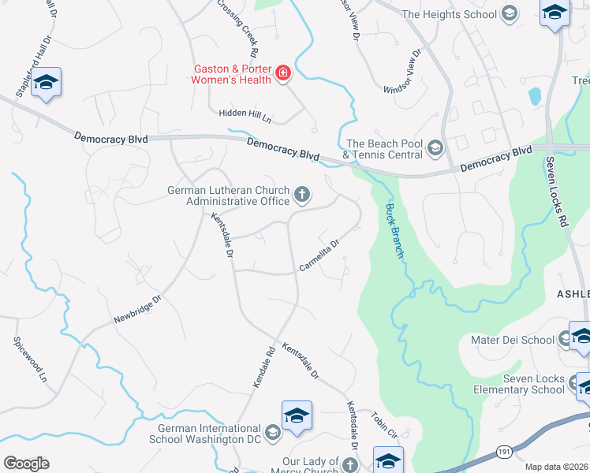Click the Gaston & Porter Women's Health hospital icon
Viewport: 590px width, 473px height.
[282, 74]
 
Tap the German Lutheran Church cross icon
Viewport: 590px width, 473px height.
[301, 194]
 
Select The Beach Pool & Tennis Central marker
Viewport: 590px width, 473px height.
[435, 147]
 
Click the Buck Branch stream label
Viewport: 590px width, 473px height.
[394, 231]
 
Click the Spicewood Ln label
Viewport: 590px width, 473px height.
[31, 360]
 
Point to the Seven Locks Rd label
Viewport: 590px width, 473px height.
[555, 192]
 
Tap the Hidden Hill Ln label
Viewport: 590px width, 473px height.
[246, 115]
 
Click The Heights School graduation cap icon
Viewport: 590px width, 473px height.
[509, 13]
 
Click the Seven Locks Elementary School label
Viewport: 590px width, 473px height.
[518, 384]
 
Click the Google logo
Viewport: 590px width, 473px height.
[26, 464]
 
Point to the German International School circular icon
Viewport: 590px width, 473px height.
[272, 432]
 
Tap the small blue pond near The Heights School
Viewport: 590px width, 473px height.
[536, 96]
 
